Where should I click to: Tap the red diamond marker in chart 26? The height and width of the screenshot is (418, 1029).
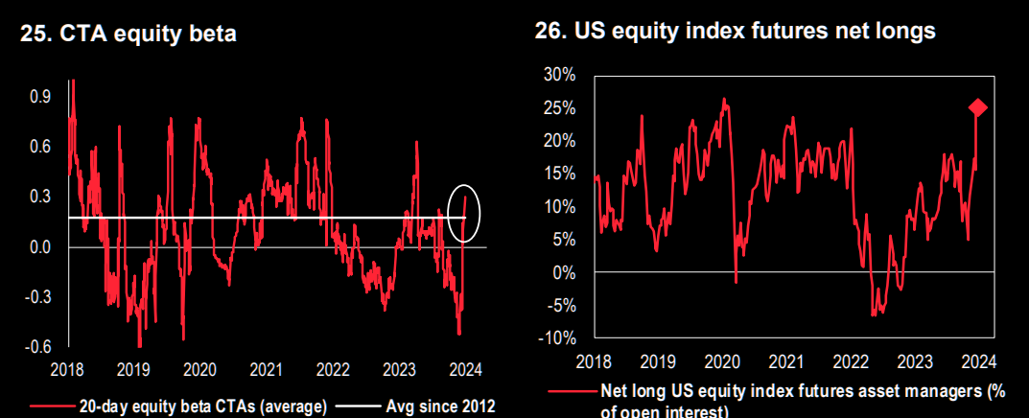click(x=977, y=107)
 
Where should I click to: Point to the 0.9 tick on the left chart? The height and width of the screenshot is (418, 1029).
click(x=40, y=97)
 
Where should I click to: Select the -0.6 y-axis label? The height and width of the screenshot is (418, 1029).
click(x=38, y=347)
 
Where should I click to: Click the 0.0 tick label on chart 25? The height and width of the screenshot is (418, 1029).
click(x=40, y=247)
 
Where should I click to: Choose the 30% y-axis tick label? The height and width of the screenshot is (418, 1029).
click(x=560, y=75)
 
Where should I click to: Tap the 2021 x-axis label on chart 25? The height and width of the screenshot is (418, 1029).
click(x=266, y=369)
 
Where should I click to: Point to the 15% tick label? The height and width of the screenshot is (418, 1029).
click(x=560, y=174)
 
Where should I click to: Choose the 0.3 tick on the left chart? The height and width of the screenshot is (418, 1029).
click(x=40, y=197)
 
